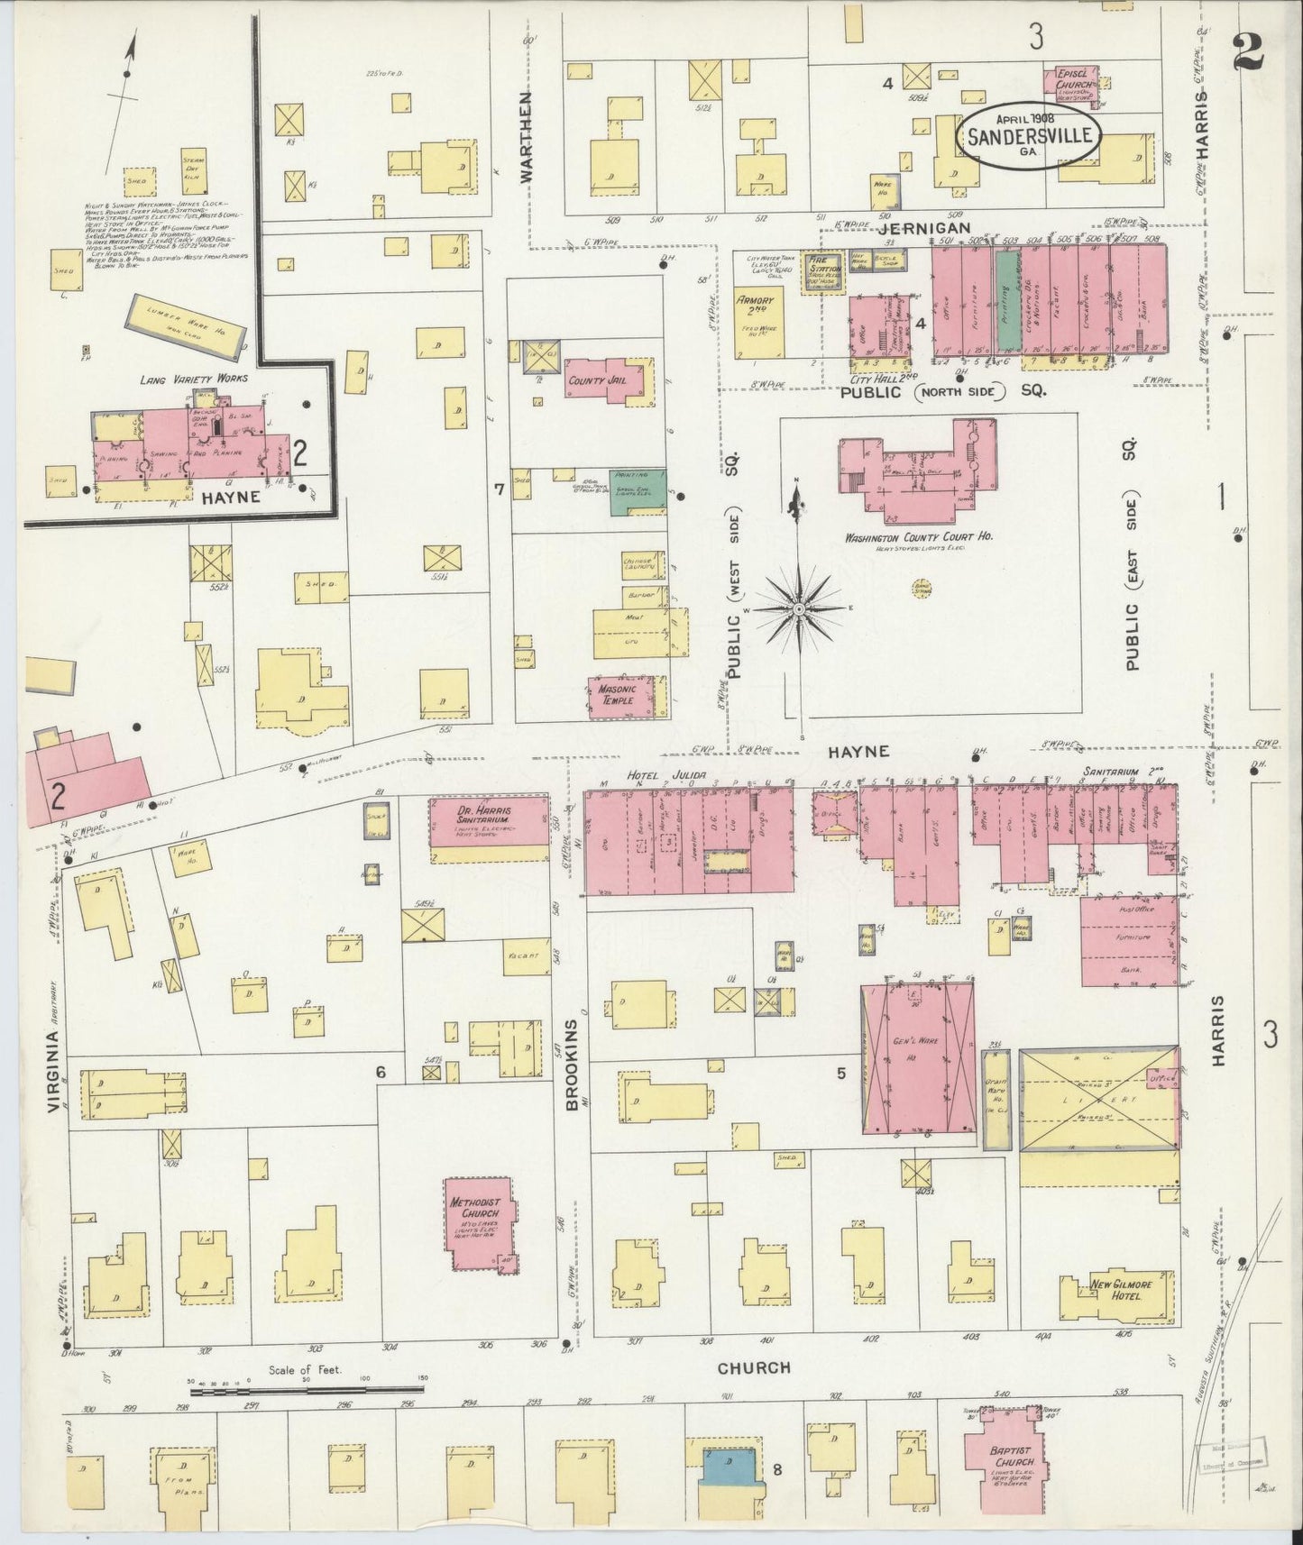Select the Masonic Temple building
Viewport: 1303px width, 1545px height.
coord(618,697)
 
